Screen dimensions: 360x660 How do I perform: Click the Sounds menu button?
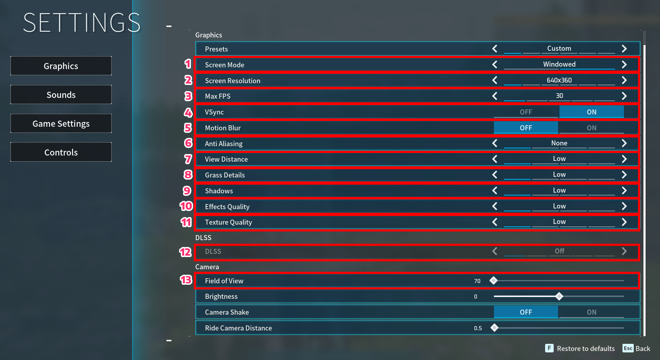click(61, 95)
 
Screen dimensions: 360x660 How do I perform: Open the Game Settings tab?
click(61, 123)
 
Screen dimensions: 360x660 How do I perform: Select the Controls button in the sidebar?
click(61, 152)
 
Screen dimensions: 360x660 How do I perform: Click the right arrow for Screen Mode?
click(624, 64)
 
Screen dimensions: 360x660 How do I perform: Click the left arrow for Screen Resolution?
click(495, 80)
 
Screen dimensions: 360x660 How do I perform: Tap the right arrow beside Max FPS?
click(624, 96)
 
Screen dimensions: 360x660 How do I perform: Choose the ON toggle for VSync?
click(592, 112)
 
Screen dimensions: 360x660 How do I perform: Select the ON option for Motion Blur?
click(592, 128)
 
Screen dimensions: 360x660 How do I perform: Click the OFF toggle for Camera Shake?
click(526, 312)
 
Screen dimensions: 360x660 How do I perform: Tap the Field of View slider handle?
click(494, 280)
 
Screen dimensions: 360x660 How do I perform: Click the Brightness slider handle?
click(559, 296)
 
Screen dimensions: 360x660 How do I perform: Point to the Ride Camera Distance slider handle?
click(495, 328)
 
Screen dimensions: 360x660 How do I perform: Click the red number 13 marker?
click(186, 280)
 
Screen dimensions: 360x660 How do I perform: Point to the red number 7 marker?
click(188, 159)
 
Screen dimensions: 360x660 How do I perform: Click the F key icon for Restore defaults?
click(549, 348)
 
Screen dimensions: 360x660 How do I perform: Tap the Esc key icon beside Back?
click(628, 348)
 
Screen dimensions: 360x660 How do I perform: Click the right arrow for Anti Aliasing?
click(624, 143)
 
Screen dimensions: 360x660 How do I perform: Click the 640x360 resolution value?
click(559, 80)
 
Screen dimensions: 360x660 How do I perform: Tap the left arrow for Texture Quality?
click(495, 222)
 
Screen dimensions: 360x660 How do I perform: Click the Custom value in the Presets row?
click(559, 49)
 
